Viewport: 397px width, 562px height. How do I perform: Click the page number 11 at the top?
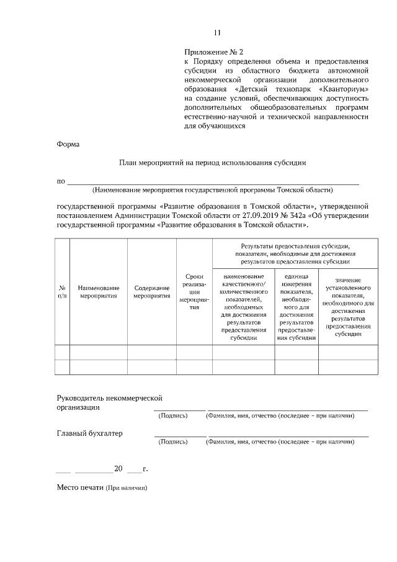point(217,33)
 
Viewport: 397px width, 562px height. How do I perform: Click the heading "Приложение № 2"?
point(210,52)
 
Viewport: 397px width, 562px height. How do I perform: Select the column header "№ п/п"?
point(62,292)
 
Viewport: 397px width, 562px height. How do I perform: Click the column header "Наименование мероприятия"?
point(99,292)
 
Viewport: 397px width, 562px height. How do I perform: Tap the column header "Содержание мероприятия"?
point(151,292)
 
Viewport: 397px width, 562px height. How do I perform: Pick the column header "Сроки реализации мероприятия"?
point(194,292)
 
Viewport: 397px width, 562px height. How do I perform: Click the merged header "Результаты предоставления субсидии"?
point(295,255)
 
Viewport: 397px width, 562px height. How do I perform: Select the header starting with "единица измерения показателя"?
point(296,307)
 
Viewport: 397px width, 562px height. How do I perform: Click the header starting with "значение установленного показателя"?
point(348,307)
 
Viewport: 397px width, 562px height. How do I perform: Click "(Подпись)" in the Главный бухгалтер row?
point(173,443)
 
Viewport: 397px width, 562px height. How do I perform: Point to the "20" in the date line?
point(118,468)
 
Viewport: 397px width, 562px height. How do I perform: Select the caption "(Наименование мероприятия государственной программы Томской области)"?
point(213,189)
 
